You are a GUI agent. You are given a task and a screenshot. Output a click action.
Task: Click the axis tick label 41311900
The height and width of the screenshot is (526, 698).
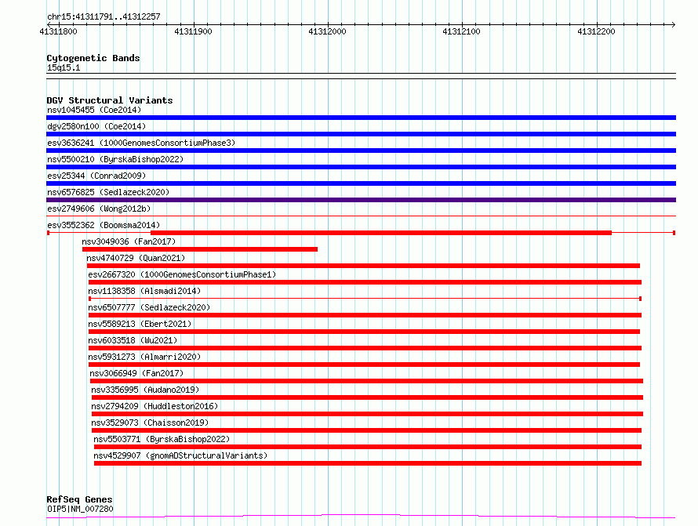pyautogui.click(x=193, y=31)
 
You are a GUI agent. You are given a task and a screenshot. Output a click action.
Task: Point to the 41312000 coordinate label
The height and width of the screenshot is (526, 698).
pyautogui.click(x=327, y=31)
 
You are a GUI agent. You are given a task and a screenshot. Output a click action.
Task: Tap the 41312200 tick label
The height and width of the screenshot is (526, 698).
pyautogui.click(x=596, y=31)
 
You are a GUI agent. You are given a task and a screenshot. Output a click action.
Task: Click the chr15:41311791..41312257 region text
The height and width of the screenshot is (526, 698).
pyautogui.click(x=104, y=17)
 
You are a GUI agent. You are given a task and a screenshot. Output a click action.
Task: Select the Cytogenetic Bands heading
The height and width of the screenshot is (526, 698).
pyautogui.click(x=93, y=58)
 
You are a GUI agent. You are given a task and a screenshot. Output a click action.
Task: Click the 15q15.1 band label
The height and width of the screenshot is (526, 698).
pyautogui.click(x=64, y=67)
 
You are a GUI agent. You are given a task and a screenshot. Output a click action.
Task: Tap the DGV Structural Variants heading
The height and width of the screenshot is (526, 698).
pyautogui.click(x=110, y=100)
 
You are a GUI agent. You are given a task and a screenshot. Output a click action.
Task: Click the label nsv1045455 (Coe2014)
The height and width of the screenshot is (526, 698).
pyautogui.click(x=94, y=110)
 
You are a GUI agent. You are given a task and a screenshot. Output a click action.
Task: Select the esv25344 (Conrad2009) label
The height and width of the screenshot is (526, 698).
pyautogui.click(x=96, y=176)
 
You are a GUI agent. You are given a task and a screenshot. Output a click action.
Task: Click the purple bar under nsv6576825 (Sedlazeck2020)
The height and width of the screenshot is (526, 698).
pyautogui.click(x=361, y=200)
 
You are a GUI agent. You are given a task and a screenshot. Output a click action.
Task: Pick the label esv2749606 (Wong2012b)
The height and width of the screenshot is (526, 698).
pyautogui.click(x=99, y=209)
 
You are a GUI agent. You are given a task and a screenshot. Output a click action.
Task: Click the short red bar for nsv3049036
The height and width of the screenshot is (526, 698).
pyautogui.click(x=200, y=249)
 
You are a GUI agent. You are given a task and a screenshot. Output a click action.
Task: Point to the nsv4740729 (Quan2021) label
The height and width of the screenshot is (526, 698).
pyautogui.click(x=136, y=258)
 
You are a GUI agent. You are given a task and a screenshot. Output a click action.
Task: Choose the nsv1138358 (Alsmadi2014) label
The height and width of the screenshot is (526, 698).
pyautogui.click(x=144, y=291)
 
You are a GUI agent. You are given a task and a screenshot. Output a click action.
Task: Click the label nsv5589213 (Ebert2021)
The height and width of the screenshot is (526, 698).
pyautogui.click(x=140, y=324)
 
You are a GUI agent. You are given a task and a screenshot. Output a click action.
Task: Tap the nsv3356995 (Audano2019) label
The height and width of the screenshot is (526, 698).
pyautogui.click(x=145, y=390)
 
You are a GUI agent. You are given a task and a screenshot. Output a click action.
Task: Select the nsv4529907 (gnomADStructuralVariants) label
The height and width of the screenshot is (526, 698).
pyautogui.click(x=180, y=455)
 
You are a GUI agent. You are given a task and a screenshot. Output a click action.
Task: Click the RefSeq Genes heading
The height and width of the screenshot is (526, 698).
pyautogui.click(x=79, y=499)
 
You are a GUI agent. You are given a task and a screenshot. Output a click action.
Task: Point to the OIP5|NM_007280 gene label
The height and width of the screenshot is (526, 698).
pyautogui.click(x=80, y=509)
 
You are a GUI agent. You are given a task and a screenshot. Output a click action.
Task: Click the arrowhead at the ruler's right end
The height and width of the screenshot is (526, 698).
pyautogui.click(x=674, y=24)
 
